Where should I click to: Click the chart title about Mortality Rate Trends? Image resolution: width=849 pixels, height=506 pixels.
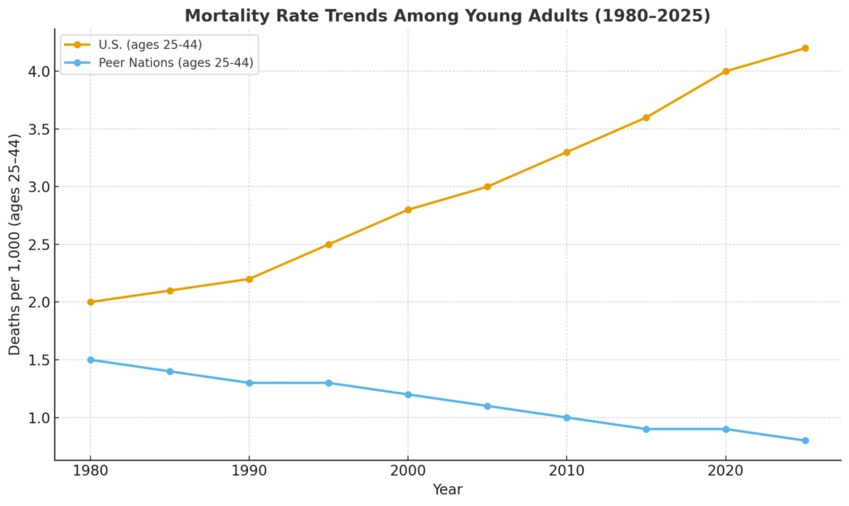[447, 16]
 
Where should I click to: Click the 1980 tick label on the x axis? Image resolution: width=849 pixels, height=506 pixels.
[90, 470]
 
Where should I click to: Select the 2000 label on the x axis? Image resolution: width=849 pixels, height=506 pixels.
[408, 470]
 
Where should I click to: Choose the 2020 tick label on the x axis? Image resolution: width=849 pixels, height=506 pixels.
[725, 470]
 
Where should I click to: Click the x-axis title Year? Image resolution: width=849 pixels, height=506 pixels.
[447, 489]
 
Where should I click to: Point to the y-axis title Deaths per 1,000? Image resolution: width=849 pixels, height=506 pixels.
[15, 244]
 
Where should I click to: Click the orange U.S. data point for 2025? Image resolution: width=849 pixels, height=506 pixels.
[805, 48]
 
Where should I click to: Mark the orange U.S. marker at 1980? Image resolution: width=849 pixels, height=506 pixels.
[90, 302]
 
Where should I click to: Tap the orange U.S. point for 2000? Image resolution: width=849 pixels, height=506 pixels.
[408, 210]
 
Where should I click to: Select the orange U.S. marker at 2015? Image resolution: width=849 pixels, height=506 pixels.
[646, 118]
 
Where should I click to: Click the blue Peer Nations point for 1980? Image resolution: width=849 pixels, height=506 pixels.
[90, 359]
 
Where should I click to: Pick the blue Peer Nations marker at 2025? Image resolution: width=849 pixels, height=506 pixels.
[805, 441]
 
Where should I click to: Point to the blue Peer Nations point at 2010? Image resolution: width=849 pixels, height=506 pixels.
[567, 417]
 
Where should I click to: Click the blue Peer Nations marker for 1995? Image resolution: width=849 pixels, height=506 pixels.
[328, 383]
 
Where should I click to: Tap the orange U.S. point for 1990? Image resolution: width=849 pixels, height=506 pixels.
[250, 279]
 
